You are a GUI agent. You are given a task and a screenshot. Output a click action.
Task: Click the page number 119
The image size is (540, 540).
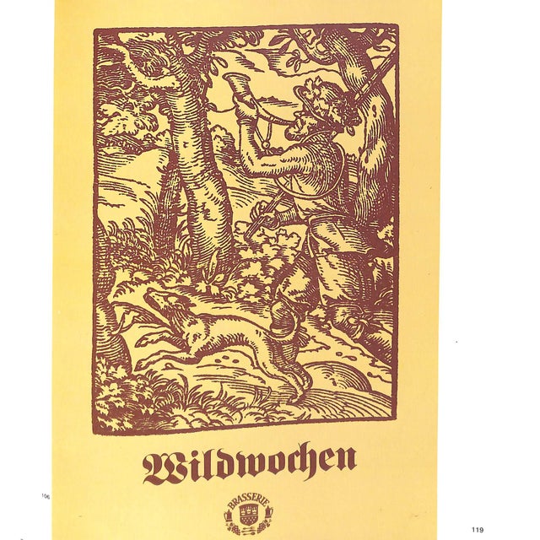(478, 529)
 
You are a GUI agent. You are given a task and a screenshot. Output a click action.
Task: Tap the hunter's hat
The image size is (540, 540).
(325, 97)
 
